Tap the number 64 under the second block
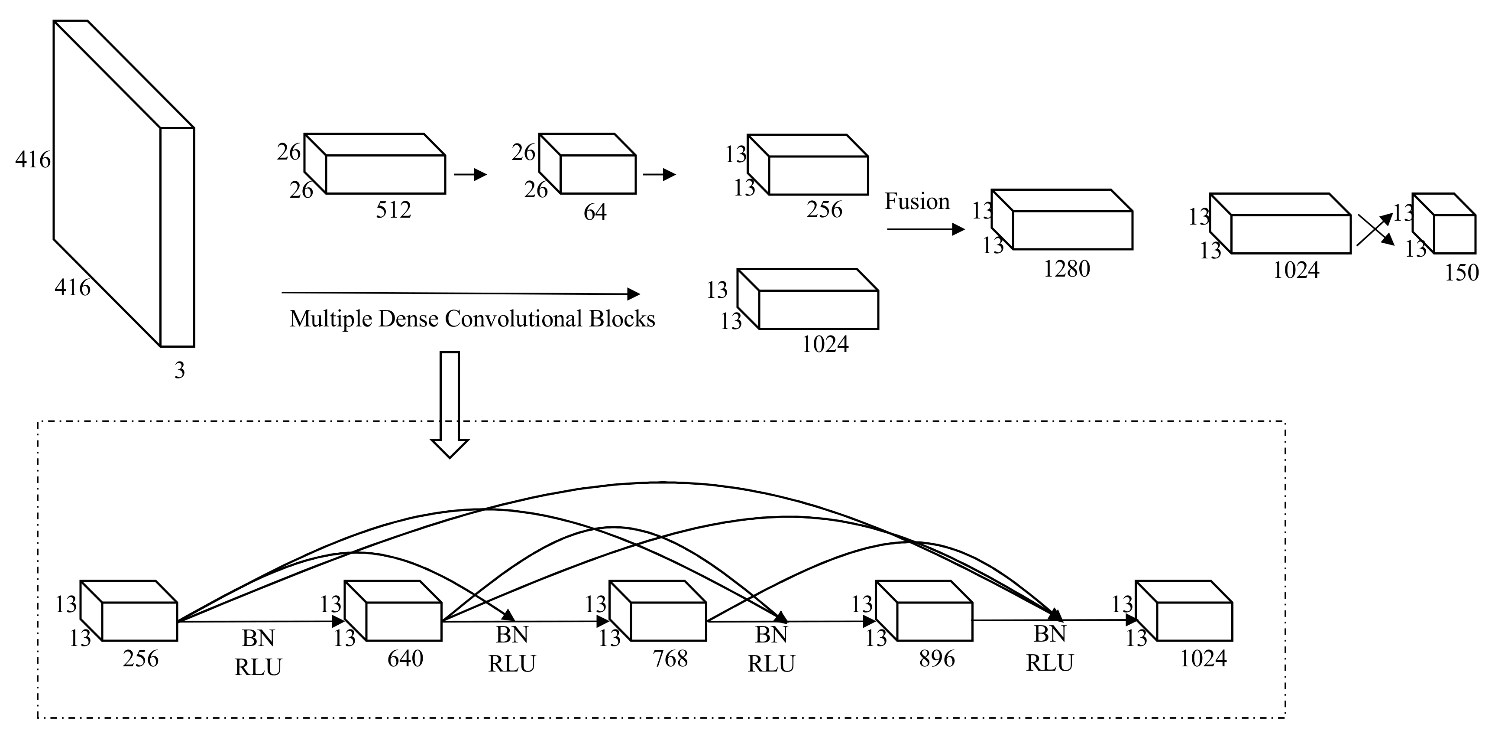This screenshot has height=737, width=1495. (595, 212)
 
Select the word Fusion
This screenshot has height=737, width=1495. (916, 202)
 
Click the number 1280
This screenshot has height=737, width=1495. (1066, 269)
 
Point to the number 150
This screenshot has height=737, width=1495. (1461, 272)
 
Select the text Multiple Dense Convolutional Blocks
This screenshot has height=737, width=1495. (472, 319)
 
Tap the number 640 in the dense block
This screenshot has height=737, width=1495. (405, 659)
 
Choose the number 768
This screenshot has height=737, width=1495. (670, 659)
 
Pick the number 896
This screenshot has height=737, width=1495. (937, 659)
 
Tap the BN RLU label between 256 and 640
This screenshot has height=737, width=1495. (258, 653)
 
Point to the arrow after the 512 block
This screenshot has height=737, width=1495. (470, 174)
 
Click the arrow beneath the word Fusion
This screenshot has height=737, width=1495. (925, 229)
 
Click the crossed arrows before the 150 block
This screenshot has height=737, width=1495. (1375, 229)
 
